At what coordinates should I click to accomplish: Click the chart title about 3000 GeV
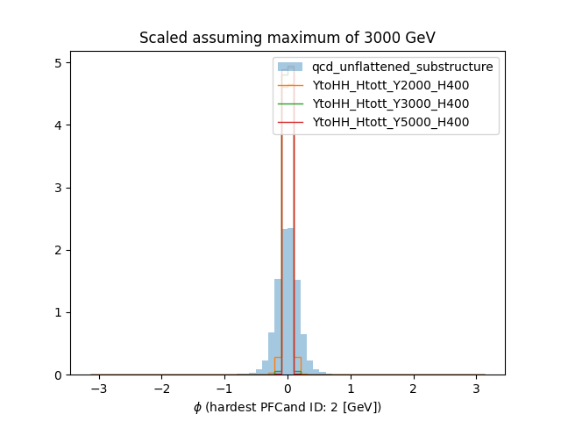click(288, 38)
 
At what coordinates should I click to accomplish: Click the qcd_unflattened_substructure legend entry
click(402, 67)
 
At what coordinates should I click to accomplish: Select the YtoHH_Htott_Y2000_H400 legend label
click(390, 85)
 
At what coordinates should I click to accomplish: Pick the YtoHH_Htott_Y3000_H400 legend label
click(390, 103)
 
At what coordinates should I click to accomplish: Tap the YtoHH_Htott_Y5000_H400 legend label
click(390, 122)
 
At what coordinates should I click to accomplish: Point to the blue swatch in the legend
click(290, 67)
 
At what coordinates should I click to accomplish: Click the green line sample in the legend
click(290, 103)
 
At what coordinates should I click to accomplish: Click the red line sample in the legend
click(290, 122)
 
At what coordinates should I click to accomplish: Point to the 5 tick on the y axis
click(59, 63)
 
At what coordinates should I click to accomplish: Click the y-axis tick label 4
click(59, 125)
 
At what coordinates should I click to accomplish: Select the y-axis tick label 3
click(59, 188)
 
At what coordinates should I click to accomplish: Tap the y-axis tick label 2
click(59, 250)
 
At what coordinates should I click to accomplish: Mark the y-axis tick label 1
click(59, 312)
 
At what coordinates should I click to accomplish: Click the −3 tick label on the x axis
click(98, 388)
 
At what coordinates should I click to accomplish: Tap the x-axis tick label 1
click(351, 388)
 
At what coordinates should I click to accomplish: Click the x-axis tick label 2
click(413, 388)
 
